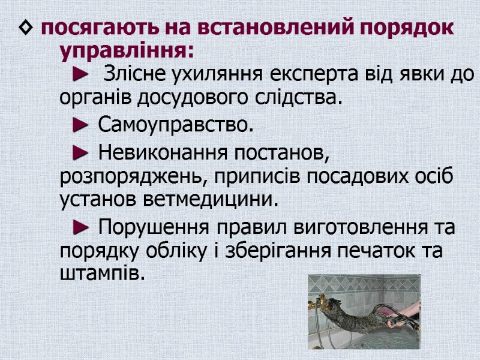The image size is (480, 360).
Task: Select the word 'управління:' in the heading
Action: click(127, 51)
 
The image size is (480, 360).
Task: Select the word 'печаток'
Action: click(374, 250)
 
